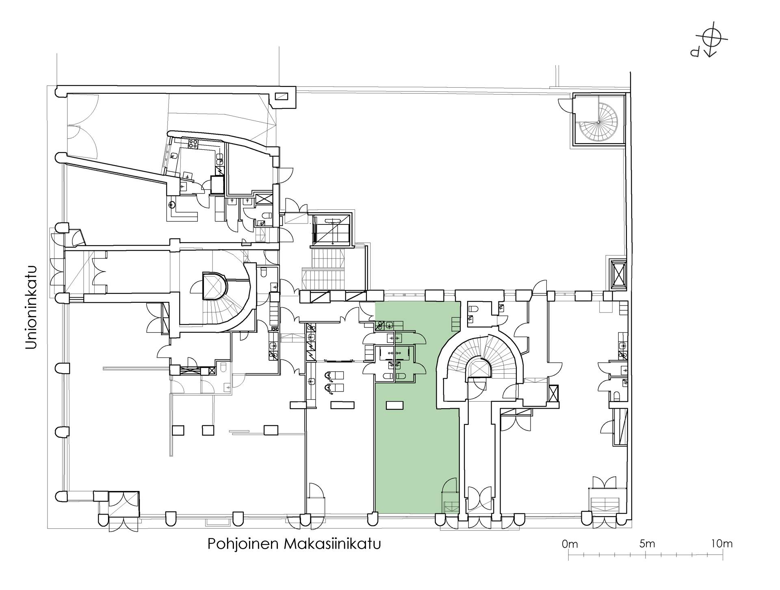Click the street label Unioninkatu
tap(32, 308)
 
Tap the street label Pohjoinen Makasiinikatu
tap(294, 544)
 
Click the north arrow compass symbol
tap(710, 42)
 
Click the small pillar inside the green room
tap(394, 405)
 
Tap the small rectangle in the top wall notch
tap(282, 96)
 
